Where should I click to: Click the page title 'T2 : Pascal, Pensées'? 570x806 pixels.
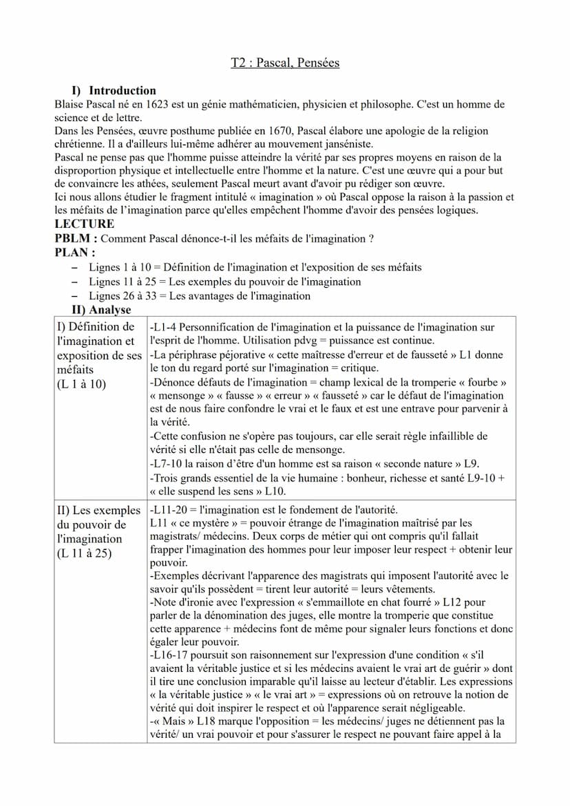coord(285,63)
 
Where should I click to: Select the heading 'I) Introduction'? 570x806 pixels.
coord(114,90)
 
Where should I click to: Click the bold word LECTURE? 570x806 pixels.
coord(84,224)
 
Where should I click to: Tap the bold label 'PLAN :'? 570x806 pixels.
coord(74,253)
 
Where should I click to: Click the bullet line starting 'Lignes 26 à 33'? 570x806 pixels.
coord(200,296)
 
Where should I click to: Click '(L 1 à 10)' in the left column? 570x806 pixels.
coord(81,384)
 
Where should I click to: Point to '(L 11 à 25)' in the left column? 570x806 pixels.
coord(84,553)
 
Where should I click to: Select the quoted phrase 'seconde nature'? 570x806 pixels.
coord(418,464)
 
